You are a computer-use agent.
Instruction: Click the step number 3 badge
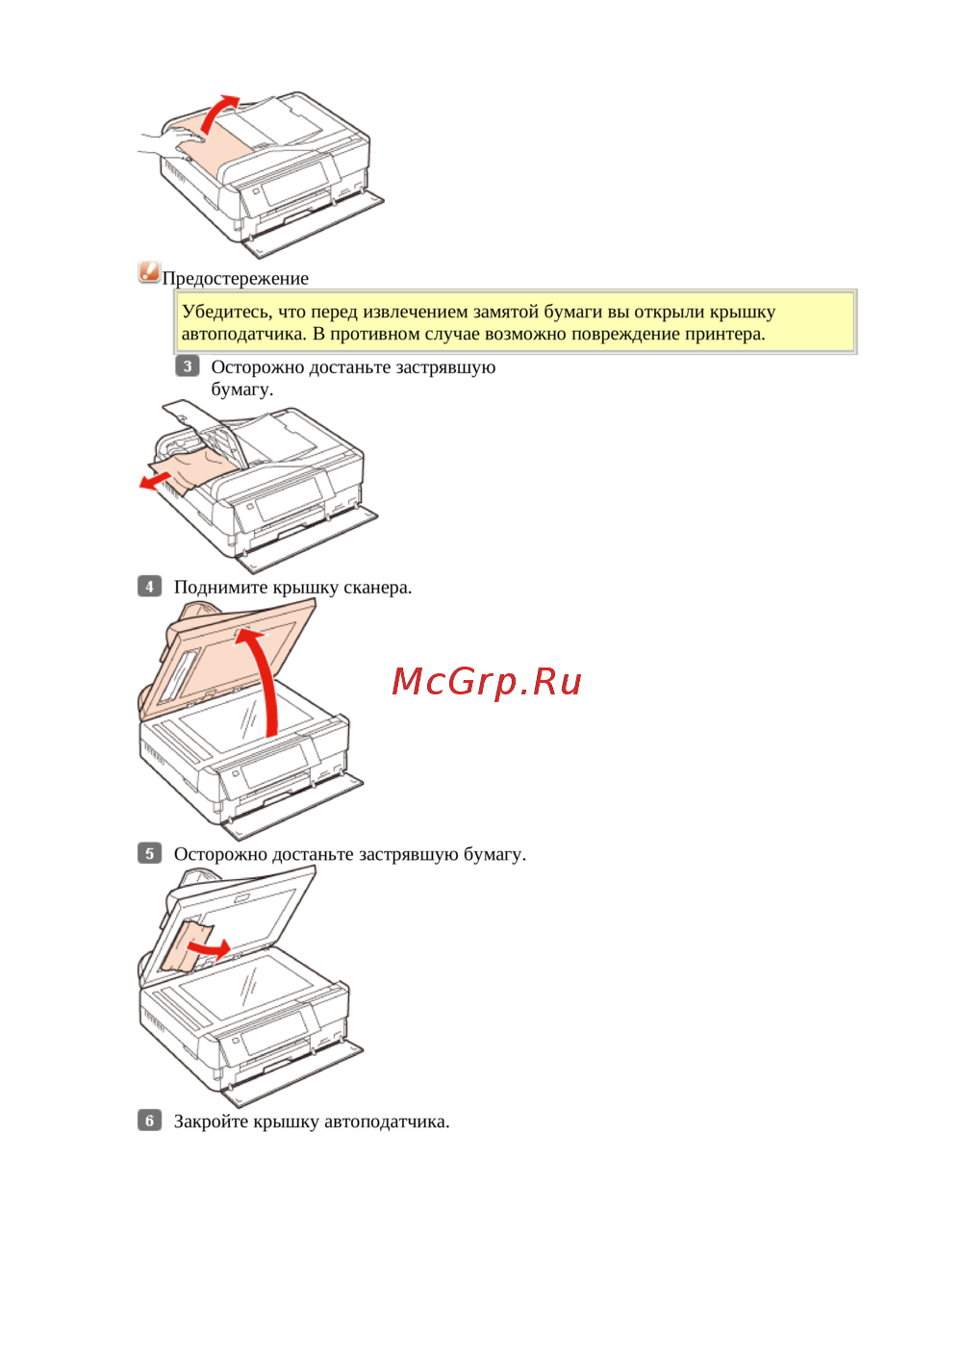click(187, 366)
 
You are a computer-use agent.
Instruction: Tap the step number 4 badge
click(149, 587)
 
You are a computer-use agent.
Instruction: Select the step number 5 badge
click(149, 854)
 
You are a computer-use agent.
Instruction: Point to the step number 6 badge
click(149, 1121)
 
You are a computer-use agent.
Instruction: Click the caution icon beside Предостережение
click(149, 271)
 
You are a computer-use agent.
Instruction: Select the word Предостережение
click(235, 278)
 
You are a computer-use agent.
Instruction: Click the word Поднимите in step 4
click(220, 588)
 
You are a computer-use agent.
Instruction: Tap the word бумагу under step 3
click(241, 390)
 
